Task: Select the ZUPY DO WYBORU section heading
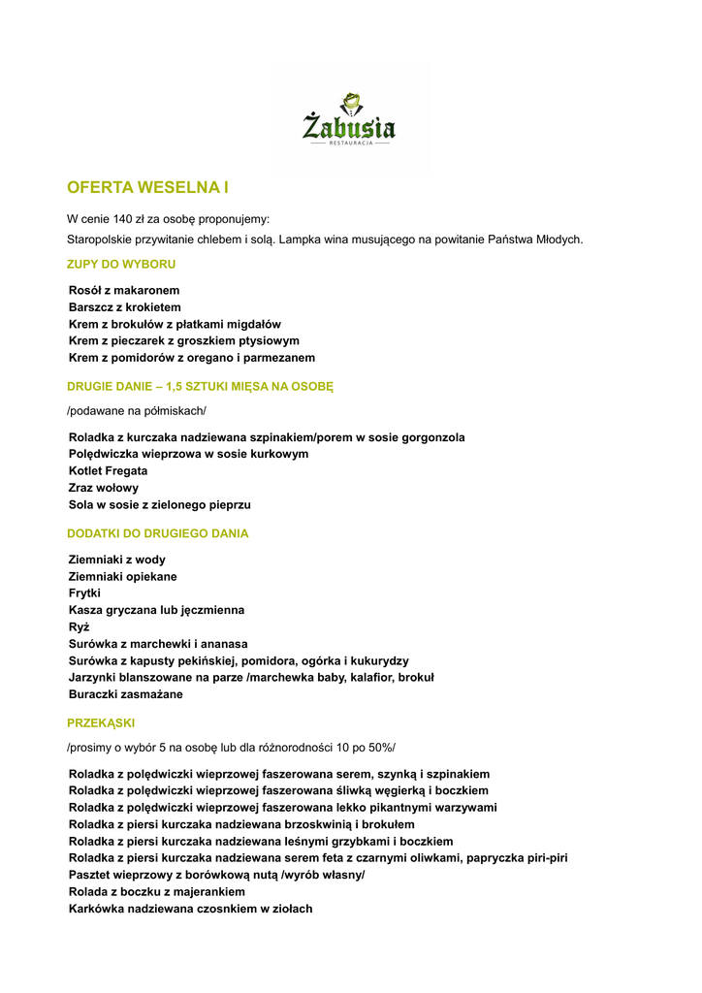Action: tap(121, 264)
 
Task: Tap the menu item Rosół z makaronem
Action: tap(124, 290)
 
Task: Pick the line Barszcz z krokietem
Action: tap(125, 307)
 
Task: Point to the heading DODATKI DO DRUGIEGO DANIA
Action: tap(157, 533)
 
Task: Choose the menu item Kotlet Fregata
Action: tap(109, 471)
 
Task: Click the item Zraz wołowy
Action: tap(104, 488)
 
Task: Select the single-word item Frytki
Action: tap(84, 593)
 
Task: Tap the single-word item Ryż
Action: tap(80, 626)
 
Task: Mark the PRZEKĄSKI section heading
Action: tap(101, 722)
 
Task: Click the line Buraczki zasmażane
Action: tap(125, 694)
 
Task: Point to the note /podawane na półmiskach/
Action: tap(137, 411)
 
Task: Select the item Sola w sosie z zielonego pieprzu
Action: tap(160, 505)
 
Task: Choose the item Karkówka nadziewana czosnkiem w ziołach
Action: tap(191, 909)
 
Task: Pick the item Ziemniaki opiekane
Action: tap(123, 576)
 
